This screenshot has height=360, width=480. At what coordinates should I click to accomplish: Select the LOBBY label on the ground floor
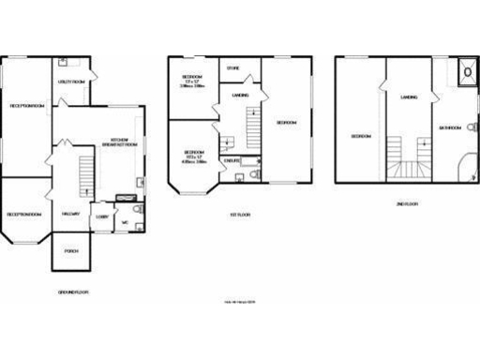(x=101, y=217)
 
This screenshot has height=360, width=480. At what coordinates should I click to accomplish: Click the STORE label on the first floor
(x=233, y=68)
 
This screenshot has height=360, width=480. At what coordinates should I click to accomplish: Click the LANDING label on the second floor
(x=409, y=97)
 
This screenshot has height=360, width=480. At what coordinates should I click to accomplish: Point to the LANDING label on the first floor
(x=240, y=95)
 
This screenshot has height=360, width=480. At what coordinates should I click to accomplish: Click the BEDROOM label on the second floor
(x=360, y=136)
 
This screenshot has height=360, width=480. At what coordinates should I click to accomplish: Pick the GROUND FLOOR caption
(x=71, y=292)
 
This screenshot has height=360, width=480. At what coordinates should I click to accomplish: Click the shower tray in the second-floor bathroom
(x=465, y=69)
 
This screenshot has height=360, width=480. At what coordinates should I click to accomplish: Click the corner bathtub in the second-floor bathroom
(x=464, y=170)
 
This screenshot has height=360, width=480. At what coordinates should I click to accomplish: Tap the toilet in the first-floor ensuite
(x=241, y=176)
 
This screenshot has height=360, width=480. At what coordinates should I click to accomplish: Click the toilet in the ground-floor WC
(x=137, y=212)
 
